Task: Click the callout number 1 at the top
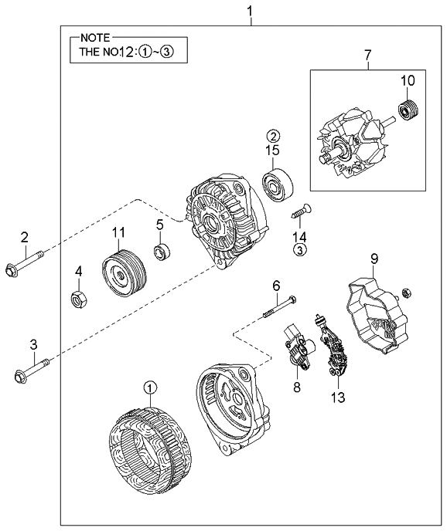250,11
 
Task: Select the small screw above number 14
299,208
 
